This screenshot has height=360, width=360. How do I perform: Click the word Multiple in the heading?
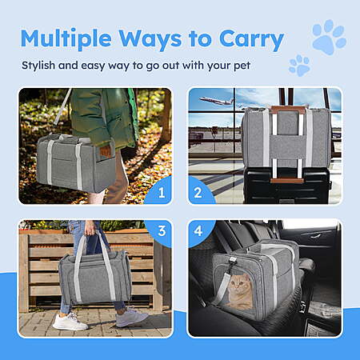click(66, 39)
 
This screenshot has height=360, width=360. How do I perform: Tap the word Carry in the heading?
click(251, 40)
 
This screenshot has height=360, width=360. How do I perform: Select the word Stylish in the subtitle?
click(38, 66)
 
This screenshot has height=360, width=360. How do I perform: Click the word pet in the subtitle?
click(242, 66)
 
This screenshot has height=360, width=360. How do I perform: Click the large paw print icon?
click(329, 37)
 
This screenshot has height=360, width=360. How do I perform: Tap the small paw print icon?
click(299, 66)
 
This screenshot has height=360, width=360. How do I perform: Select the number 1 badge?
click(162, 193)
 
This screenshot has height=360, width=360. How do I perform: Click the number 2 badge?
click(198, 193)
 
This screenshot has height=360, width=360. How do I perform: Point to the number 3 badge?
click(162, 231)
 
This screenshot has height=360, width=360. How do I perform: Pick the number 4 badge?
click(198, 231)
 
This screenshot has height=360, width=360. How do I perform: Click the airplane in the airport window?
click(218, 102)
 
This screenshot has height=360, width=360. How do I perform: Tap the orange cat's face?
click(238, 286)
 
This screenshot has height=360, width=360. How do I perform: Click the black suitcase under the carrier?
click(287, 186)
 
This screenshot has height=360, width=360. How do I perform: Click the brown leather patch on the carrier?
click(105, 151)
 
